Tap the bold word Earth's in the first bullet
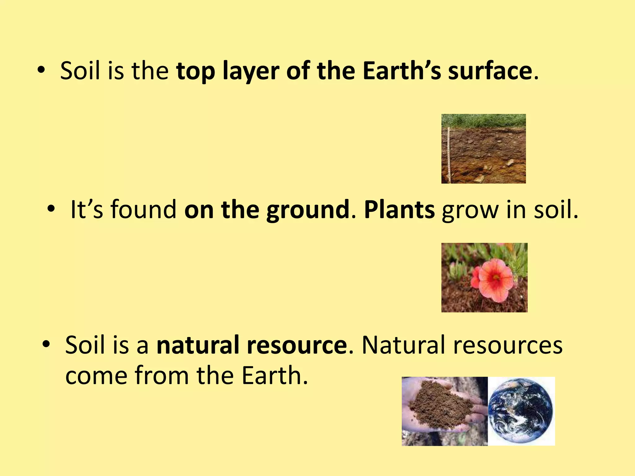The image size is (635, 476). tap(402, 71)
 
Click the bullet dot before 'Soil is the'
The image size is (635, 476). tap(41, 71)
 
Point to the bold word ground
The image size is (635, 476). tap(308, 210)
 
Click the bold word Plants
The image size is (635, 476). tap(399, 209)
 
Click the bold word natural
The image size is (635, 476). tap(197, 345)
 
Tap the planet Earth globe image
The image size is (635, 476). tap(521, 411)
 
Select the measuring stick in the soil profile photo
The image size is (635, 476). tap(449, 155)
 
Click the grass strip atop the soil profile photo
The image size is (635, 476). tap(484, 120)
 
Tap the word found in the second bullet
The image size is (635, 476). tap(144, 209)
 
